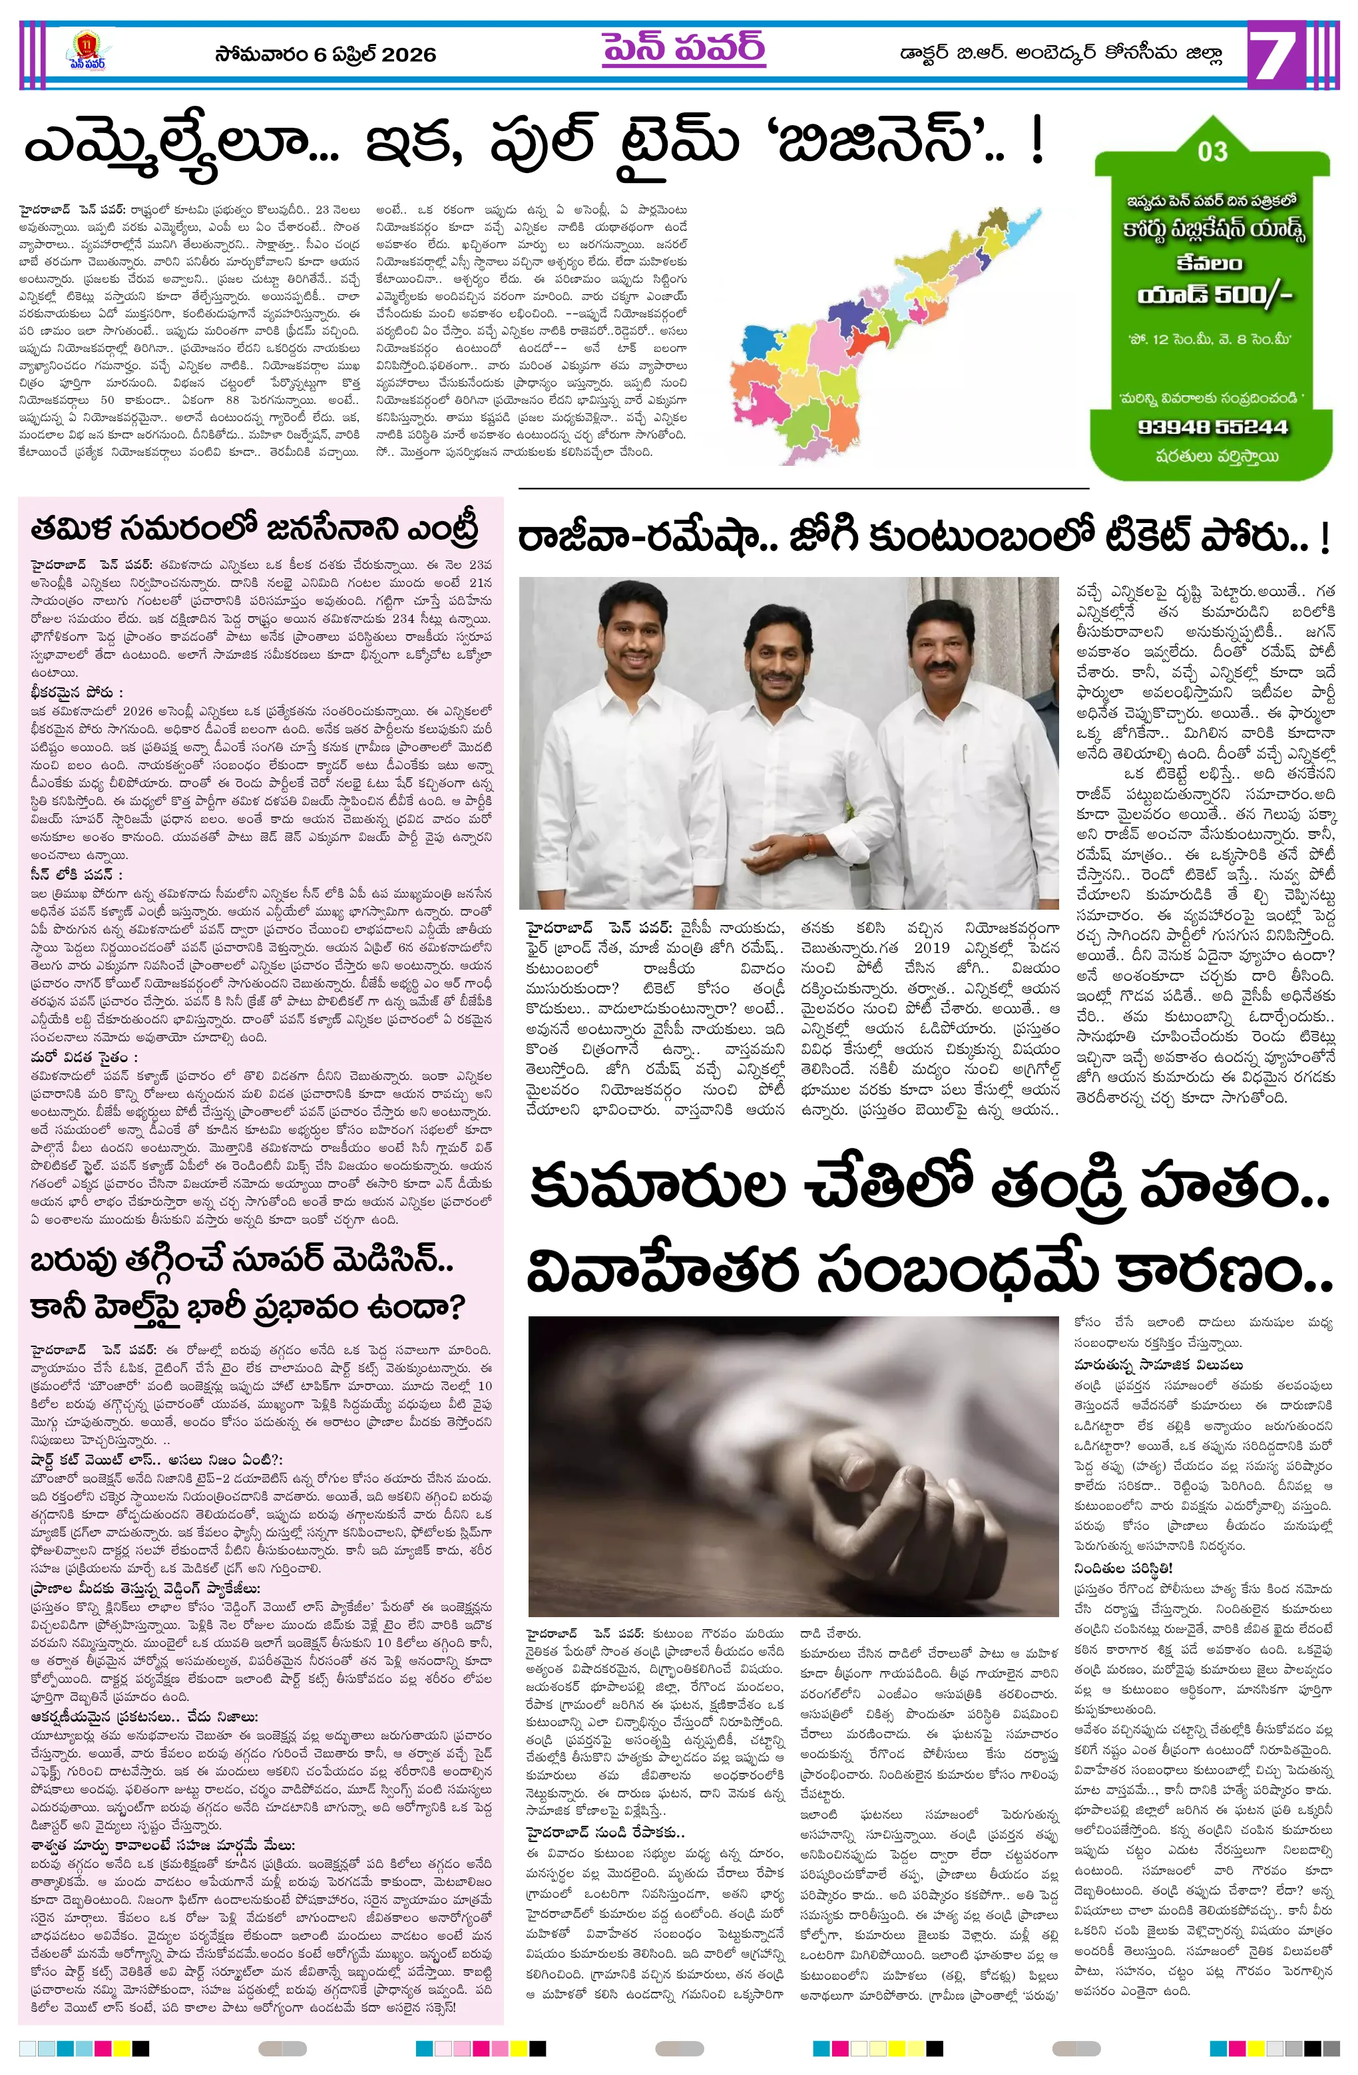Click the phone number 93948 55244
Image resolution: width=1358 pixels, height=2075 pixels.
[1212, 427]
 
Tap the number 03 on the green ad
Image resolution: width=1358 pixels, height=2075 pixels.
[1212, 152]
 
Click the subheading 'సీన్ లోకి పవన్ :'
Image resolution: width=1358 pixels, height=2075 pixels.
[76, 874]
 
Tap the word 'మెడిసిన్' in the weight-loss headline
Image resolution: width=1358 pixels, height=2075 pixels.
[382, 1262]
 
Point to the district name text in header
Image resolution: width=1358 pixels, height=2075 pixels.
[1060, 54]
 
